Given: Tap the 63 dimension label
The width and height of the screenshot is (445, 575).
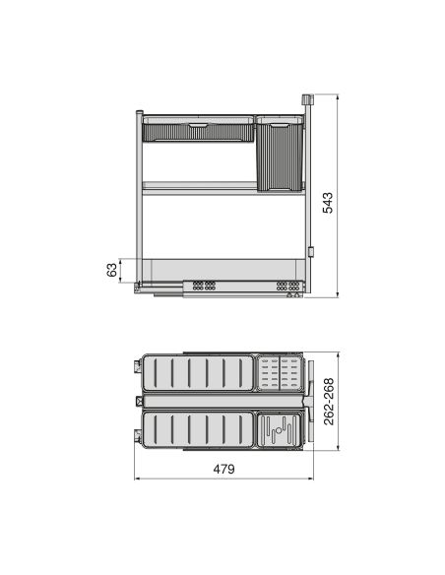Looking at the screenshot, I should coord(111,270).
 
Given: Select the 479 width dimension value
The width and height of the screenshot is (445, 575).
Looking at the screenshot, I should coord(223,469).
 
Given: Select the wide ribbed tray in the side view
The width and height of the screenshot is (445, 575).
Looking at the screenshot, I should coord(197,130).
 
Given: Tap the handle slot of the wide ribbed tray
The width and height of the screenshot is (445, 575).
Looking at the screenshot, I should coord(197,126).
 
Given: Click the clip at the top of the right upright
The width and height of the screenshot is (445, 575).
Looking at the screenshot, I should coord(306,100).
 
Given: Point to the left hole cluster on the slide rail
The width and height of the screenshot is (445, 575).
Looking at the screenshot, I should coord(204,287).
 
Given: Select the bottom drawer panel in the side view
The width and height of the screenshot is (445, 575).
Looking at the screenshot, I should coord(222,269).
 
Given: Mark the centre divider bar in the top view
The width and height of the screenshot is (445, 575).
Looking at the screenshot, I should coord(222,402).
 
